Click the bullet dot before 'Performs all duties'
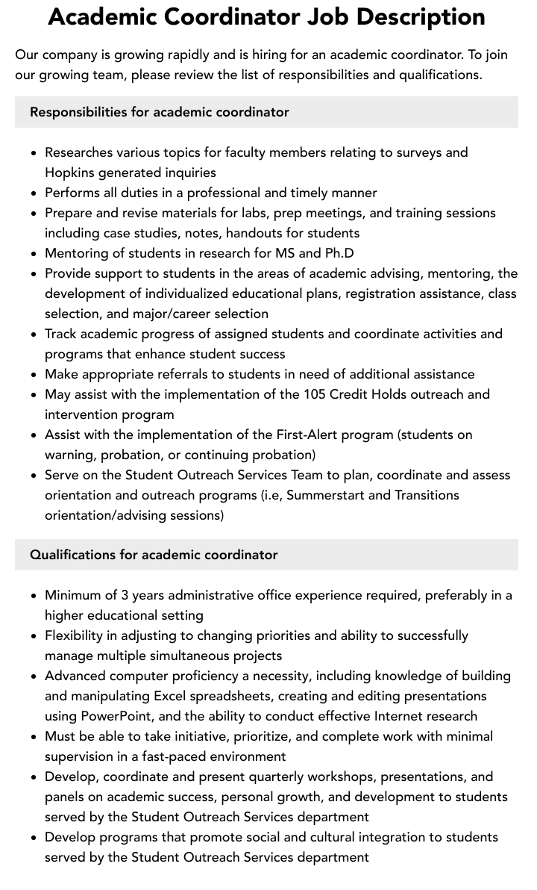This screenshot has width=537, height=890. pos(34,193)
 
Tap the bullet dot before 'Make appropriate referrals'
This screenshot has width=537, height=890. pos(34,375)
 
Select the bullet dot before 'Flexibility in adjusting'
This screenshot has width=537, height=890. pos(34,636)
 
